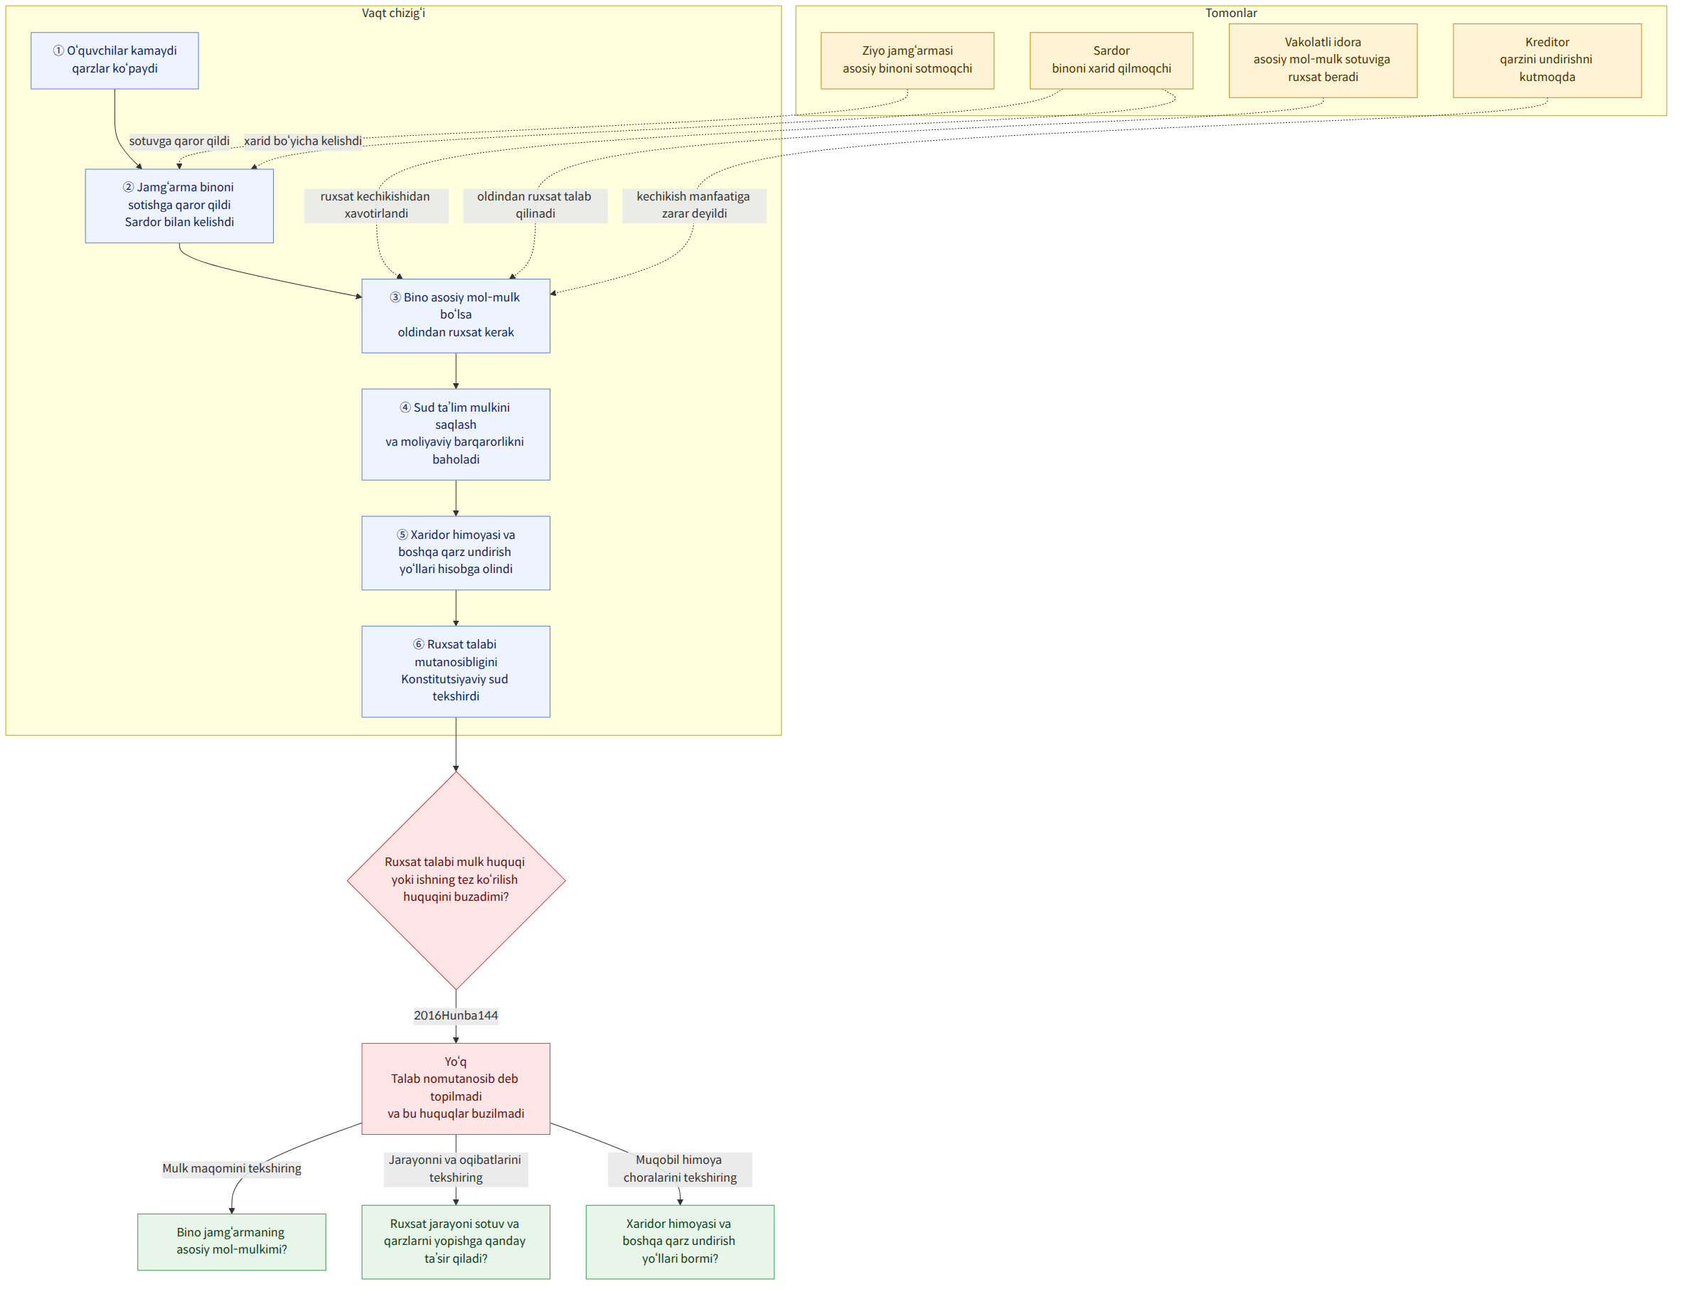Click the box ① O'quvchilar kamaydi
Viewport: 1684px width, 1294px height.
(114, 60)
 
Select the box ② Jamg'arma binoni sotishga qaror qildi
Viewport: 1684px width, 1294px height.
(179, 205)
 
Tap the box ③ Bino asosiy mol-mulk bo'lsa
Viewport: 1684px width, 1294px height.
(456, 316)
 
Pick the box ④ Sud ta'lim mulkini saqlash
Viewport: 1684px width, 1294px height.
(456, 434)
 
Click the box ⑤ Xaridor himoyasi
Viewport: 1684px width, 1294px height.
(456, 553)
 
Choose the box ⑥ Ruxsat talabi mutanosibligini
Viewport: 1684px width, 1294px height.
(456, 672)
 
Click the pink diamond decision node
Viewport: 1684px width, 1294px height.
(456, 880)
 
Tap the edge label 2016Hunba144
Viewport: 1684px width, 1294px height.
(456, 1015)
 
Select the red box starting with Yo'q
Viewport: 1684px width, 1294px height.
(456, 1089)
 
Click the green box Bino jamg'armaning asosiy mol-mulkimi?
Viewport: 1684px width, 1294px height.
(232, 1241)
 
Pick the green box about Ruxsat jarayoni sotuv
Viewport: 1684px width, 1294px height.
(456, 1241)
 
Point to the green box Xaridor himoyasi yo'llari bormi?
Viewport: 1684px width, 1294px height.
(681, 1241)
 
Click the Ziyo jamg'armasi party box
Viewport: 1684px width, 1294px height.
(907, 60)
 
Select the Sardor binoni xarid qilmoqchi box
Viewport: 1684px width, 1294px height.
(1112, 60)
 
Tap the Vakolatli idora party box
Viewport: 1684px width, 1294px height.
(1323, 60)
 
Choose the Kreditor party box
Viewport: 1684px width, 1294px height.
(1547, 60)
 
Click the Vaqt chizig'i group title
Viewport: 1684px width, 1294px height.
(394, 13)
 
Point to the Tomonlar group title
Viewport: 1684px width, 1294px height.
(1231, 13)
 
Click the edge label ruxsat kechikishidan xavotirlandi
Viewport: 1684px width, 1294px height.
(376, 205)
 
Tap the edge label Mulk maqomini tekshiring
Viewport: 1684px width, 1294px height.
(232, 1168)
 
